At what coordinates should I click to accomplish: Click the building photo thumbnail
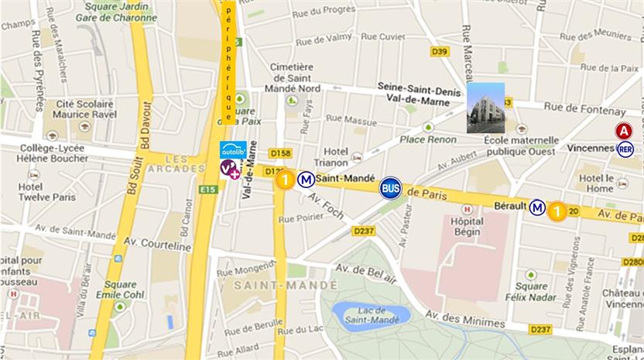(x=485, y=108)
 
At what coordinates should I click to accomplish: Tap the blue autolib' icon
(x=233, y=149)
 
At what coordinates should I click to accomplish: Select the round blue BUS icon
(x=391, y=188)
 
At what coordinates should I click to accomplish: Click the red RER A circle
(x=624, y=131)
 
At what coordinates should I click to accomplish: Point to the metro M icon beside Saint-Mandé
(x=307, y=180)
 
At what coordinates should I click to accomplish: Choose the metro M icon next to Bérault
(x=537, y=207)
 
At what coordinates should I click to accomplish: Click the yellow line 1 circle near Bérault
(x=557, y=211)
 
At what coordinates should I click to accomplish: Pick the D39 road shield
(x=439, y=52)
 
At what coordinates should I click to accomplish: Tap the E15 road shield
(x=207, y=188)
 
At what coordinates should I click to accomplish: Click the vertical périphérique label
(x=229, y=62)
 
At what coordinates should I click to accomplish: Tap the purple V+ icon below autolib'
(x=229, y=168)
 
